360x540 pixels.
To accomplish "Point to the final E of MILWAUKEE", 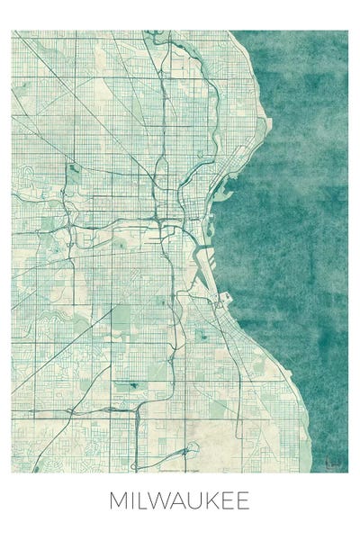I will (245, 501).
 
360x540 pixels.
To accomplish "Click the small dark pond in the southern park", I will (133, 385).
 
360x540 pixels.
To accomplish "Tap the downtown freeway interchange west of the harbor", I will (158, 219).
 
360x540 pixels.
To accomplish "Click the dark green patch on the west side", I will (74, 167).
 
